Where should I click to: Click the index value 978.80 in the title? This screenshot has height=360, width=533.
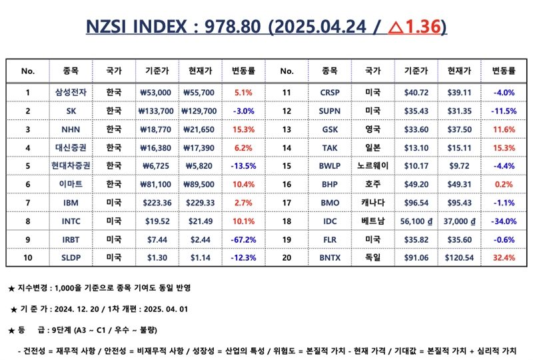coord(233,27)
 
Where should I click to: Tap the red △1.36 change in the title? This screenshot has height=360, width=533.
coord(414,27)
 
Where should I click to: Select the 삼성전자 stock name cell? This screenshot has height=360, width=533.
coord(71,92)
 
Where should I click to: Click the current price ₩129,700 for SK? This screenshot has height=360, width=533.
coord(199,111)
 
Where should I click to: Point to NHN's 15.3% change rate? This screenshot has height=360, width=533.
coord(243,129)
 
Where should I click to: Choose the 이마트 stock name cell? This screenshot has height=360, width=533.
coord(71,184)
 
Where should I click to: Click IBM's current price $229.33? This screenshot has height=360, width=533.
coord(201,203)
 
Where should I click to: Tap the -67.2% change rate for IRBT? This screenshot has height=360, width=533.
coord(243,239)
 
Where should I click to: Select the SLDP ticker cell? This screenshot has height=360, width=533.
coord(71,257)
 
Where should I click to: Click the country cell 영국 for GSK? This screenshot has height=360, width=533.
coord(373,129)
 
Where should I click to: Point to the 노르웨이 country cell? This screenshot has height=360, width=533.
coord(373,166)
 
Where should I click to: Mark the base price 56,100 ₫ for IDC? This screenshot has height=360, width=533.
coord(416,221)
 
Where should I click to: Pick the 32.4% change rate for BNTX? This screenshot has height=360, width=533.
coord(504,257)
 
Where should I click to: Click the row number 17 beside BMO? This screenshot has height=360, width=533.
coord(286,203)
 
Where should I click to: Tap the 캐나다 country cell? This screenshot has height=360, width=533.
coord(373,203)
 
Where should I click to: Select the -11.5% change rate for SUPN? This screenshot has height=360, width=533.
coord(504,111)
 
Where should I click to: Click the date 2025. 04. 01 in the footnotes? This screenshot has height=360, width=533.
coord(165,309)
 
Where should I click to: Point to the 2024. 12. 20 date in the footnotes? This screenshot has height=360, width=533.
coord(77,309)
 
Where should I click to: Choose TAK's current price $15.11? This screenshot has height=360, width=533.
coord(459,148)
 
